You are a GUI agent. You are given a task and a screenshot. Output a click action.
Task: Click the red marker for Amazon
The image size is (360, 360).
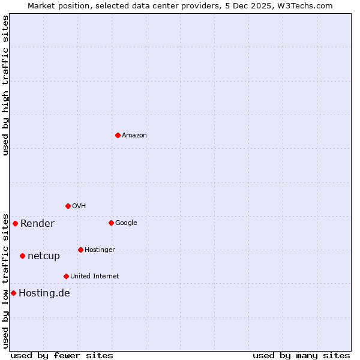(118, 135)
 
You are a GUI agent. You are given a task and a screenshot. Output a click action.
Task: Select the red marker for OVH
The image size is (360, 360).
(68, 206)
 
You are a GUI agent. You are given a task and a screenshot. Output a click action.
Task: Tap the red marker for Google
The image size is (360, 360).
(111, 223)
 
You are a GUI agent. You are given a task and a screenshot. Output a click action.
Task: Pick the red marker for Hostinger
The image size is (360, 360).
(80, 250)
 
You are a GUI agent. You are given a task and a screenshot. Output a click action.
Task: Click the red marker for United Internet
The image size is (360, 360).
(66, 276)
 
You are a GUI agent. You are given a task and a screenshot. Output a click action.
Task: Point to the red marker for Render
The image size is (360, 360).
(15, 223)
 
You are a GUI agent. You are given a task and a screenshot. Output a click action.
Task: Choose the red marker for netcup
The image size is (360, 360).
(22, 256)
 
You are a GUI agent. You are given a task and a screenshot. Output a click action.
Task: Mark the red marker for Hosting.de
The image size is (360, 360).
(13, 293)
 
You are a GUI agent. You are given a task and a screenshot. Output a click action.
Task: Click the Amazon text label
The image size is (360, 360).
(134, 136)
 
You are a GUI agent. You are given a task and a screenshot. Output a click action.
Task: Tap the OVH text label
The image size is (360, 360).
(79, 206)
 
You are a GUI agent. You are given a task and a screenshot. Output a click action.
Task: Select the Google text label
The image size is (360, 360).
(126, 223)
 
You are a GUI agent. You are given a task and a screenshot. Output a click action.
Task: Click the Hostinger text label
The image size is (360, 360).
(100, 250)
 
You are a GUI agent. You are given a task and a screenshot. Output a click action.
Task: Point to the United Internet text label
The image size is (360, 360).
(94, 277)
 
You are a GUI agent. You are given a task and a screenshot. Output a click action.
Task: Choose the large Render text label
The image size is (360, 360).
(37, 224)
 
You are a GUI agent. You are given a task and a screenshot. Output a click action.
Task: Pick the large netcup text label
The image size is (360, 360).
(44, 256)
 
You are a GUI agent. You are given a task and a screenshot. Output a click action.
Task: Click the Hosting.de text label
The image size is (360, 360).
(44, 293)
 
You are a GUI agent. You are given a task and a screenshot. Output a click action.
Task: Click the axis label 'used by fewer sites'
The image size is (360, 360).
(62, 355)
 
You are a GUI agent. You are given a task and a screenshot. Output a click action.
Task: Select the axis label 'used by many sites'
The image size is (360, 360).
(301, 355)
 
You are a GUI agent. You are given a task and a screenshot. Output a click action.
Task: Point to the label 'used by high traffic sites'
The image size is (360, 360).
(5, 85)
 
